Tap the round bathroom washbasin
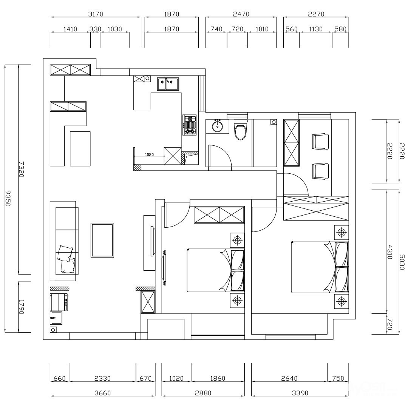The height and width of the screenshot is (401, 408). tap(217, 126)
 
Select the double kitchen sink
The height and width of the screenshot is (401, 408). tap(168, 84)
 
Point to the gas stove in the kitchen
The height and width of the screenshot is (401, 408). tap(189, 125)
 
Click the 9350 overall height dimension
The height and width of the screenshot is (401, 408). tap(8, 198)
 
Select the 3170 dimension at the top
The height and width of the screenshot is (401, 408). tap(96, 14)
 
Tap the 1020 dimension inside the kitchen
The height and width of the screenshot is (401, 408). tap(149, 154)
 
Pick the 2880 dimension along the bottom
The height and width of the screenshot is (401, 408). tap(203, 393)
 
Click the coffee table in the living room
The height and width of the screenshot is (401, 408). tap(102, 240)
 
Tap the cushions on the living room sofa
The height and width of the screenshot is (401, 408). tap(66, 259)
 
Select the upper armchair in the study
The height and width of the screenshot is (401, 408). tap(320, 142)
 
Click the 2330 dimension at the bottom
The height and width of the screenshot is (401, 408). tap(102, 378)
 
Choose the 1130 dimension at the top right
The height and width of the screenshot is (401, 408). tap(315, 29)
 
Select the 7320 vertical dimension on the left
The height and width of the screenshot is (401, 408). tap(21, 169)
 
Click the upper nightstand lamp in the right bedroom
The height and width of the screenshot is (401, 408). tap(342, 232)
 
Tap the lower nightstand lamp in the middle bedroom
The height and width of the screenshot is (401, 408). tap(237, 300)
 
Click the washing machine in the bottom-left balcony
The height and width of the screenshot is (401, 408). tap(59, 302)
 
